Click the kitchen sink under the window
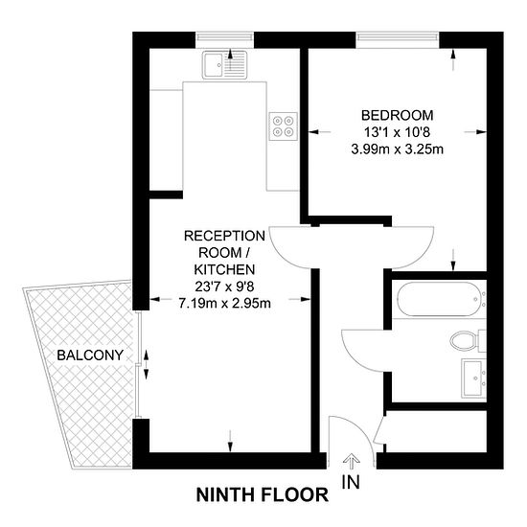224,65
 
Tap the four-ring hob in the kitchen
283,126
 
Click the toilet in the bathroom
468,340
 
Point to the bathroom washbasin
474,378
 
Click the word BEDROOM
398,115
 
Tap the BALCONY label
90,355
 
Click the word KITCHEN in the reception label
224,269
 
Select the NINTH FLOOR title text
263,494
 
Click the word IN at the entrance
351,482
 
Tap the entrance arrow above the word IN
352,461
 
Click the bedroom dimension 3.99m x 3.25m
398,149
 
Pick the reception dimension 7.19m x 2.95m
224,304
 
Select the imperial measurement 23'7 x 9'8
224,286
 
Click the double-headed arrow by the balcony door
147,364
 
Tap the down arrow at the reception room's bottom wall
230,441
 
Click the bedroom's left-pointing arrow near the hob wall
320,132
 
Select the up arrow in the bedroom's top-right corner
453,59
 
